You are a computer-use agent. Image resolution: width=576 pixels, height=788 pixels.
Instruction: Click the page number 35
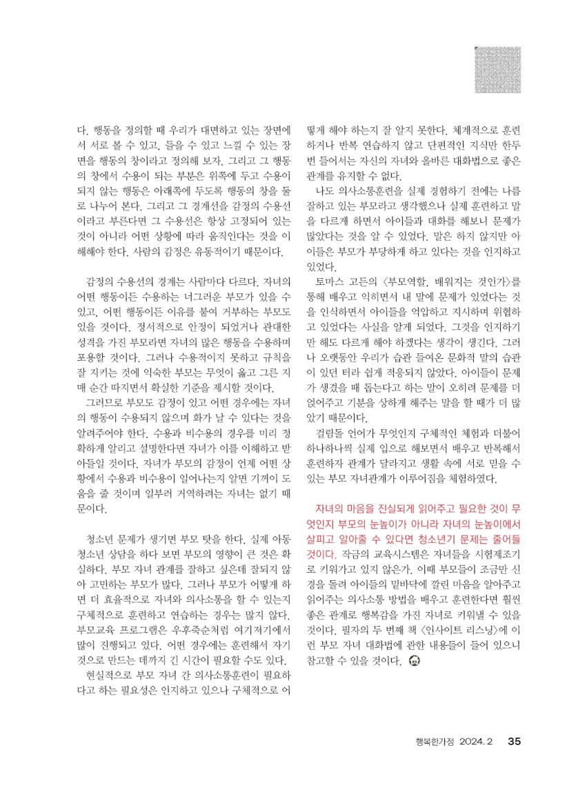pyautogui.click(x=514, y=742)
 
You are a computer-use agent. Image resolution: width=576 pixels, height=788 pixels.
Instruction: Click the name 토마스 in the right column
pyautogui.click(x=332, y=282)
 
